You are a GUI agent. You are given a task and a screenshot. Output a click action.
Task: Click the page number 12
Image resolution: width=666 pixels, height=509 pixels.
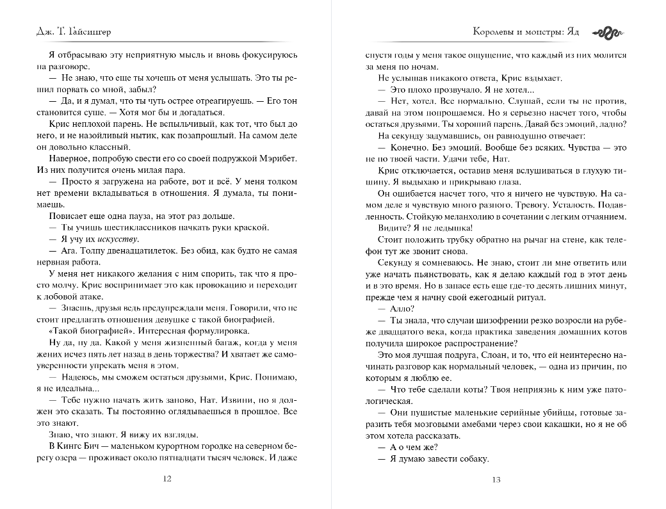167,479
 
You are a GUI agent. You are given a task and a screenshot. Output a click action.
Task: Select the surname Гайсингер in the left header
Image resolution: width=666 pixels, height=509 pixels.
97,33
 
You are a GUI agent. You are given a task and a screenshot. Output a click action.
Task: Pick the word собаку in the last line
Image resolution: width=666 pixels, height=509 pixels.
473,458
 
